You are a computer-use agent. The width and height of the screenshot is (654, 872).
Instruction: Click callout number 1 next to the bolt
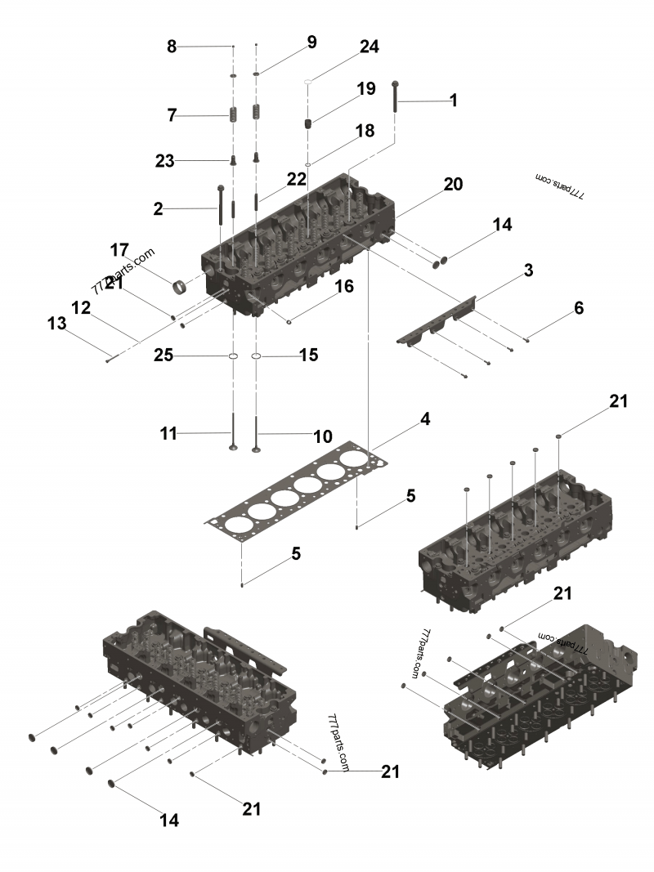tap(453, 101)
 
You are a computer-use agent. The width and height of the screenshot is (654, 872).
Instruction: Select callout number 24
tap(369, 47)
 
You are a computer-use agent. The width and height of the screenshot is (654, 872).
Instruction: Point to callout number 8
tap(172, 47)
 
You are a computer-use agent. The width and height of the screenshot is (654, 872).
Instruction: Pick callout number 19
tap(365, 88)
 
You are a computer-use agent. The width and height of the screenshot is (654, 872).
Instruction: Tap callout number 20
tap(453, 185)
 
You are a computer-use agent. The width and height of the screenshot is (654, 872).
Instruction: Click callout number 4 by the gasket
tap(425, 419)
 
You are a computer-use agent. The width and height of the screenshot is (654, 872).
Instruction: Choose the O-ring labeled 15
tap(256, 357)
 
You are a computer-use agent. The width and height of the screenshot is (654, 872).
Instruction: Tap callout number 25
tap(164, 356)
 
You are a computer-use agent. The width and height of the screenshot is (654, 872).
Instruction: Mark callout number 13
tap(56, 324)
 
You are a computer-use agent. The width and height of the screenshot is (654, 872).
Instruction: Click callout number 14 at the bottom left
tap(169, 820)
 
